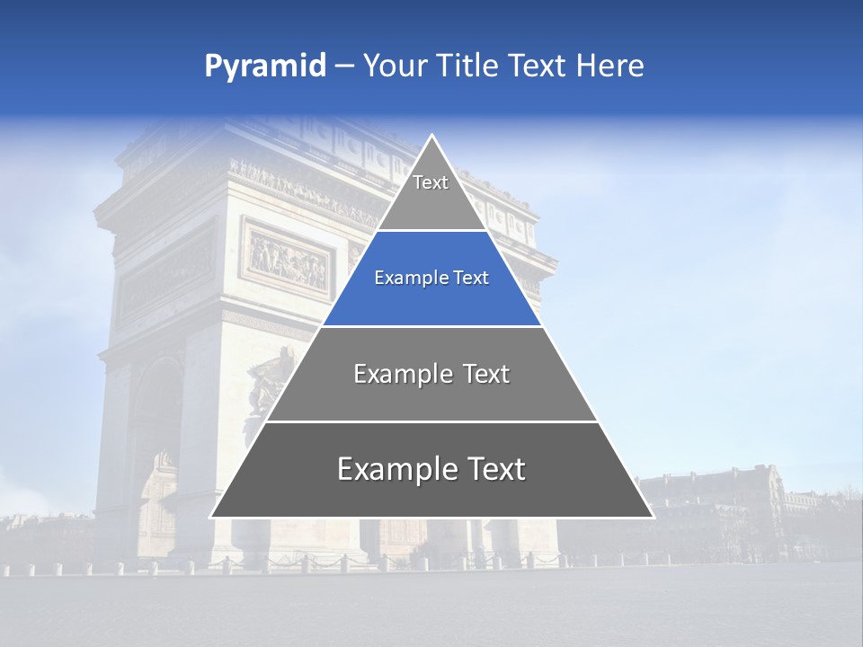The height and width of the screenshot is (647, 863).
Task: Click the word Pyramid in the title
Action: point(265,66)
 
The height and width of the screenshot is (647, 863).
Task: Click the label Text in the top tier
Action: point(431,182)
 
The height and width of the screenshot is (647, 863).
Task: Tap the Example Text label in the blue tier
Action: point(431,279)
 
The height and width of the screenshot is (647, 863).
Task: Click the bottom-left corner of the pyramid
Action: point(211,517)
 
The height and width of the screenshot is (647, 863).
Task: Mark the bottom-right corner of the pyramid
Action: point(653,517)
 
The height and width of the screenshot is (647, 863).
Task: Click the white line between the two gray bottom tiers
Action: point(431,421)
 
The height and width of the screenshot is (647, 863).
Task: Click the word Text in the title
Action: point(538,66)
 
